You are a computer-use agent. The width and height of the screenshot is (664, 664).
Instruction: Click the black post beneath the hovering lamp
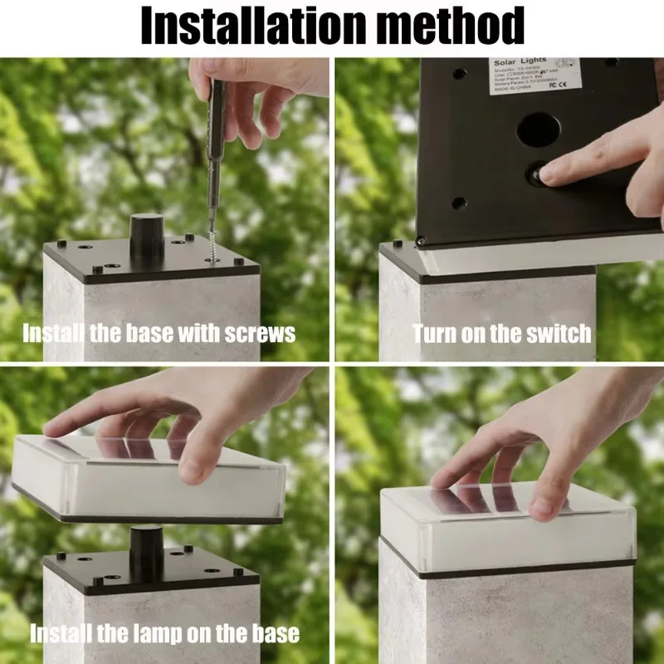pos(146,552)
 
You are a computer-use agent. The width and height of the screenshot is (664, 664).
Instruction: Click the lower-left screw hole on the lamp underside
pos(457,202)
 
